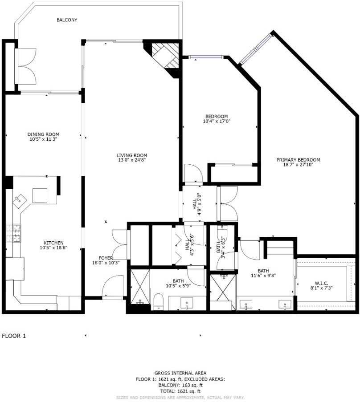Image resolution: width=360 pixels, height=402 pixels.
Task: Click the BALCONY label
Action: (67, 20)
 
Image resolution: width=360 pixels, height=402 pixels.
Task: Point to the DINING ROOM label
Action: (43, 134)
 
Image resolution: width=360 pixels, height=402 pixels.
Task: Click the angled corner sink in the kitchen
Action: (20, 201)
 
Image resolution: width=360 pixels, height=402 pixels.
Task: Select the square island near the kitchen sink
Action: (41, 195)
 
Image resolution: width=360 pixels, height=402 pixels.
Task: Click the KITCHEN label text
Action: (53, 243)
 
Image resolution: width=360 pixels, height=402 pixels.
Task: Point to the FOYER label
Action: (106, 258)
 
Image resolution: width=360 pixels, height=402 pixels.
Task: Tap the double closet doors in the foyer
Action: (120, 243)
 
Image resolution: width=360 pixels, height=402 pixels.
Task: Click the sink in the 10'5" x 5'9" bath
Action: (186, 305)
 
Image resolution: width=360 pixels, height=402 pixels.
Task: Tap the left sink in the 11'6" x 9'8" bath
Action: (245, 305)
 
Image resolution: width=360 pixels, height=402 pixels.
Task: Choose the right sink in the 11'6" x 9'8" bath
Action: (283, 305)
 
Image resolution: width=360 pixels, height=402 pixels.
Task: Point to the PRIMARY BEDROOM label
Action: (298, 160)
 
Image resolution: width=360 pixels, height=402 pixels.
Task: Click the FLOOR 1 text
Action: (14, 336)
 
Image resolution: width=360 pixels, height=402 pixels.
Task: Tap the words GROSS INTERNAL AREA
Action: (180, 373)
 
